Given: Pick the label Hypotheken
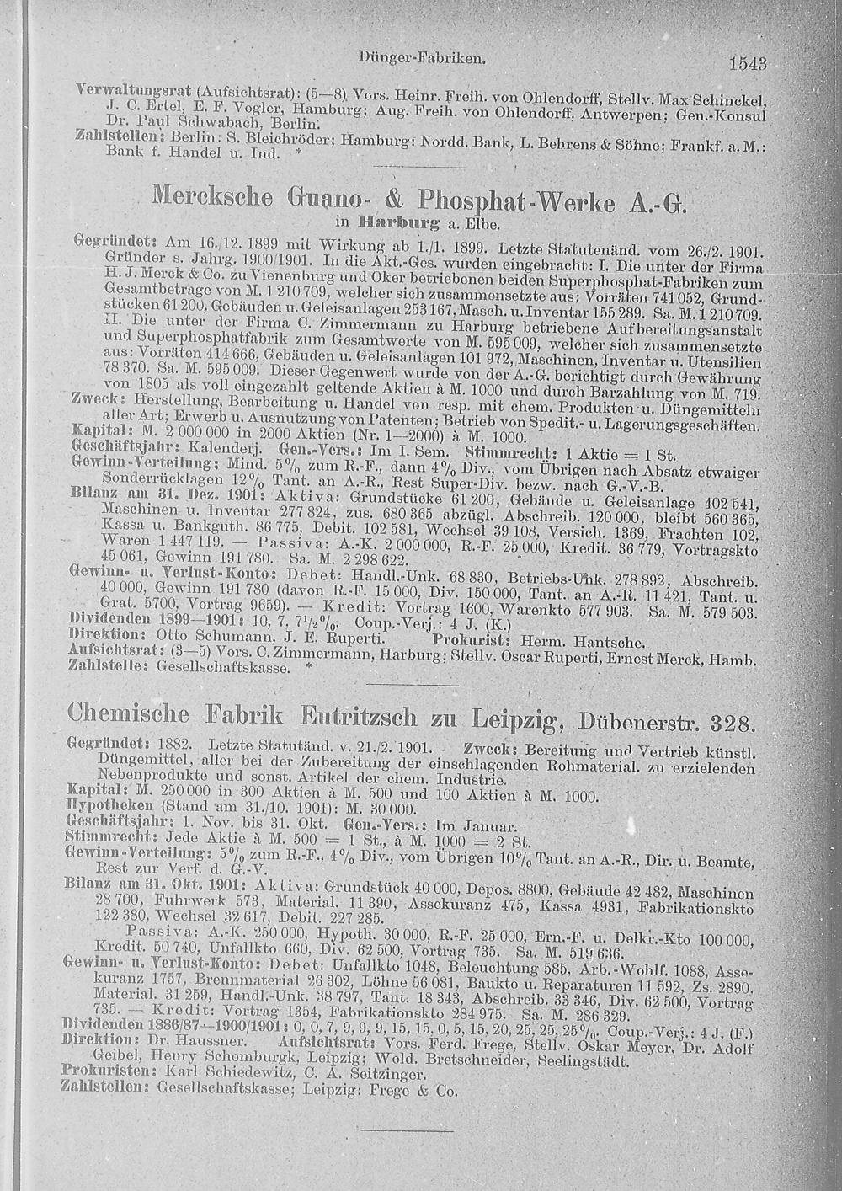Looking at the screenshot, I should click(x=99, y=806).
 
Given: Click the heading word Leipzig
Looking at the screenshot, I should click(x=509, y=721).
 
